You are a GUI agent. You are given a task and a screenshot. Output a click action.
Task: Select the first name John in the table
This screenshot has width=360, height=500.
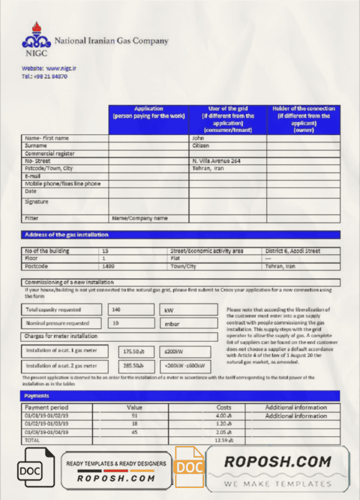click(x=197, y=138)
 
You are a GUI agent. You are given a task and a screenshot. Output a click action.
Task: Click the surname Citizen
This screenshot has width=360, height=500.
click(x=200, y=146)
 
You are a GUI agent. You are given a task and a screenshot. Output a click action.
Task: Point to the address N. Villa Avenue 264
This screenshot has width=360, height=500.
click(x=216, y=161)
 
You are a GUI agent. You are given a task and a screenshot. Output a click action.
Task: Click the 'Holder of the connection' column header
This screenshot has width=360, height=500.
click(x=303, y=119)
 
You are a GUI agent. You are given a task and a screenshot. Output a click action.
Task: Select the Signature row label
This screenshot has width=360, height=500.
click(x=37, y=202)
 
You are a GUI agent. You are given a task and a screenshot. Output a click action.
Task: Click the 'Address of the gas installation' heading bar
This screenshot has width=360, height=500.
click(x=181, y=235)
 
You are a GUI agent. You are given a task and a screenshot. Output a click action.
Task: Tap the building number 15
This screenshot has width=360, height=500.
click(x=106, y=251)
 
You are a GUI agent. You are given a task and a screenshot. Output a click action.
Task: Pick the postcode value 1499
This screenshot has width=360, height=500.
click(x=108, y=266)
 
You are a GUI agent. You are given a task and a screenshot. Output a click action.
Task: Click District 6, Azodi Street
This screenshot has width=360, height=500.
click(x=292, y=251)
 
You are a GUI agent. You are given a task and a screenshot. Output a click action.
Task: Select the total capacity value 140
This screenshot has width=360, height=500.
click(x=116, y=310)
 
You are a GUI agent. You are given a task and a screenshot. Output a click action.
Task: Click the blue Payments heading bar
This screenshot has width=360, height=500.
click(x=181, y=396)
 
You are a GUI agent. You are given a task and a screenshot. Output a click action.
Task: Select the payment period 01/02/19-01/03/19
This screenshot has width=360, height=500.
click(x=47, y=424)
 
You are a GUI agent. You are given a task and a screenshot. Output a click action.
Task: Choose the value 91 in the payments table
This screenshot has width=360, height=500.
click(x=134, y=415)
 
